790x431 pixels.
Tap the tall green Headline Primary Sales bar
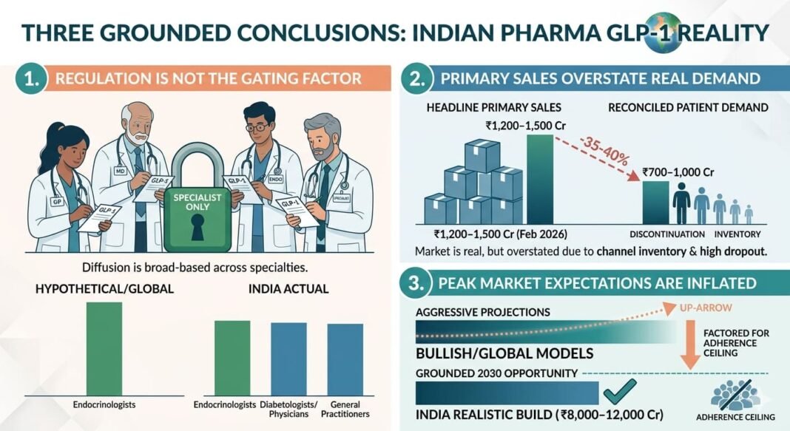tap(540, 178)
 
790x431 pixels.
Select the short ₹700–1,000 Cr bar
tap(655, 202)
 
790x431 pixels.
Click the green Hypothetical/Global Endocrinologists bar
tap(104, 348)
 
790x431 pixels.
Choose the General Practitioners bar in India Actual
tap(345, 359)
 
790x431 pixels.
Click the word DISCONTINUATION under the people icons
tap(672, 234)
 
